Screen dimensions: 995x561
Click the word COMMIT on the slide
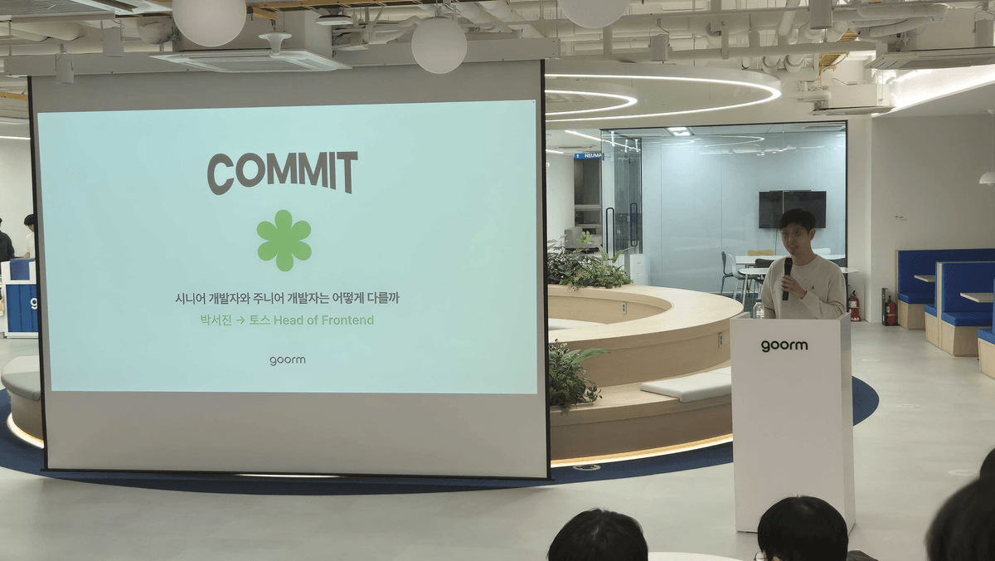283,173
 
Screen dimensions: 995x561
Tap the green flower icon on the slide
284,241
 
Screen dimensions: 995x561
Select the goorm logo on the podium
784,345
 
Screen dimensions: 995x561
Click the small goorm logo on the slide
288,360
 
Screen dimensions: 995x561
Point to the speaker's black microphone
787,278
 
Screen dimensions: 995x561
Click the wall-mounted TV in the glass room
792,209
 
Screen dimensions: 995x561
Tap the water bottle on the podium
759,309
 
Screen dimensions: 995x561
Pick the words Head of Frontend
324,320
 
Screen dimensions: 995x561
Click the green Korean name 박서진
216,320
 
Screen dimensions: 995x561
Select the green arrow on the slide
240,320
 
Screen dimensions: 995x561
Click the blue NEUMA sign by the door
588,156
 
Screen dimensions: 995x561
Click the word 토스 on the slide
260,320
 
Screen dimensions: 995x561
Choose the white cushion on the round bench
687,386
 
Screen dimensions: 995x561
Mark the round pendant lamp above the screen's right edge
439,45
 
